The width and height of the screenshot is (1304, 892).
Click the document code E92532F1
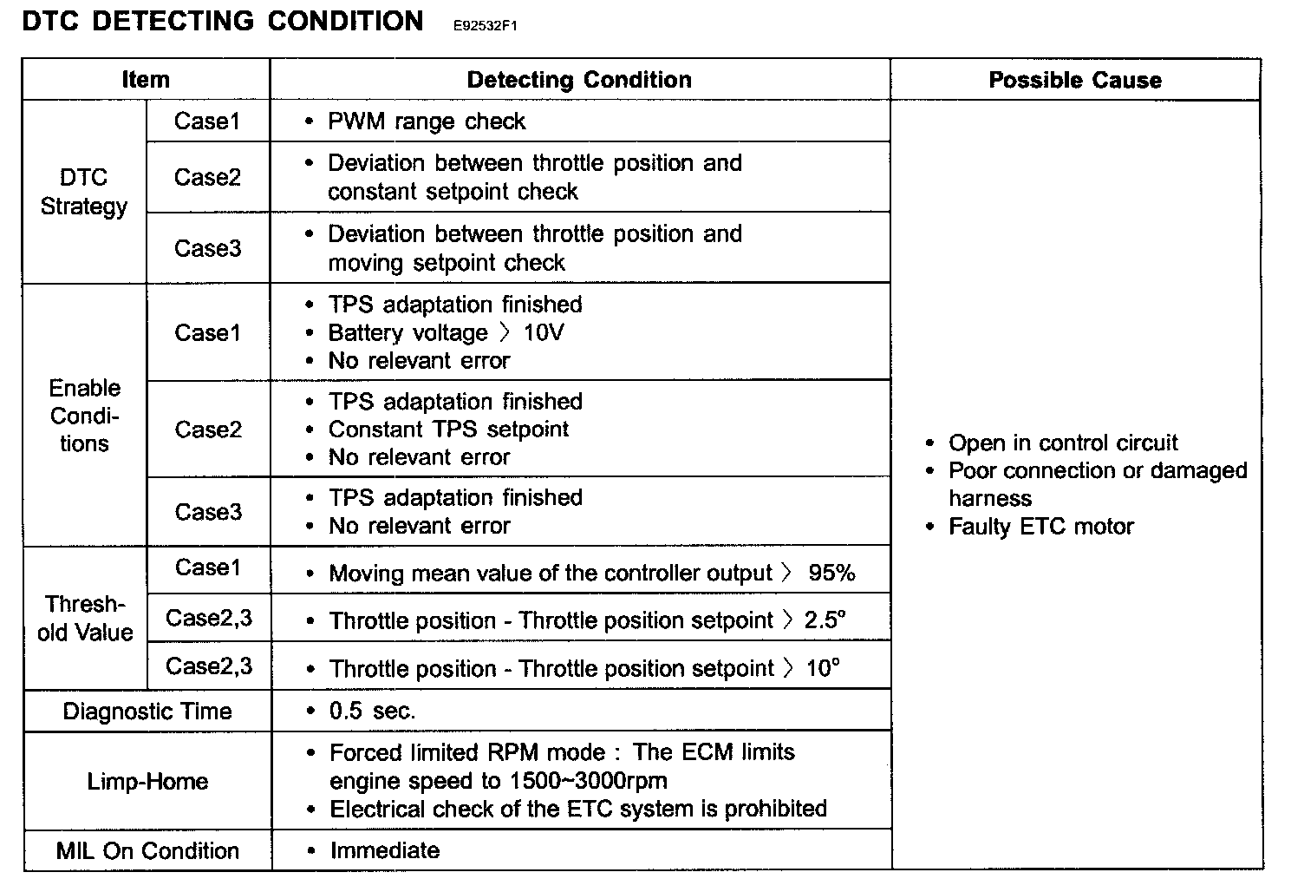(x=486, y=26)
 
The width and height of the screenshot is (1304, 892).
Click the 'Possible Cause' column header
(x=1074, y=81)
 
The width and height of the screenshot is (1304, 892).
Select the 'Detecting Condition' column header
(x=579, y=81)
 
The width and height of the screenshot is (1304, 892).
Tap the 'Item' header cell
(x=146, y=81)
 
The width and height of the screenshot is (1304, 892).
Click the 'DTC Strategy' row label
(x=84, y=192)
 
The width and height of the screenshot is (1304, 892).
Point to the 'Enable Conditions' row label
(x=84, y=416)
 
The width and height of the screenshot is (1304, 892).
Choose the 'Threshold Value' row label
(x=85, y=618)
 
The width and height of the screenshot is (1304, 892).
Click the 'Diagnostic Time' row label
(x=147, y=712)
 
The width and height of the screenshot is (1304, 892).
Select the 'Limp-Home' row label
(x=147, y=781)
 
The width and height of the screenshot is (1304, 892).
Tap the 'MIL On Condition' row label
(x=147, y=850)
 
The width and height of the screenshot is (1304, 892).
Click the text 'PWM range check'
(x=427, y=121)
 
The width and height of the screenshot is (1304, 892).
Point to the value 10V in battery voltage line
(x=544, y=333)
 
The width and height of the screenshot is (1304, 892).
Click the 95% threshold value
(x=831, y=573)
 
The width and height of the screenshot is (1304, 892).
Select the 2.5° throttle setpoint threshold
(x=825, y=620)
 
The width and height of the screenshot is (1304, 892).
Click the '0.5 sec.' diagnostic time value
(x=373, y=712)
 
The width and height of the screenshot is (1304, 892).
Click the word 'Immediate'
(x=385, y=850)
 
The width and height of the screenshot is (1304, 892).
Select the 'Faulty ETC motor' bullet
(x=1040, y=527)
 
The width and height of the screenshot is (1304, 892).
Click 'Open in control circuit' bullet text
(x=1063, y=443)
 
